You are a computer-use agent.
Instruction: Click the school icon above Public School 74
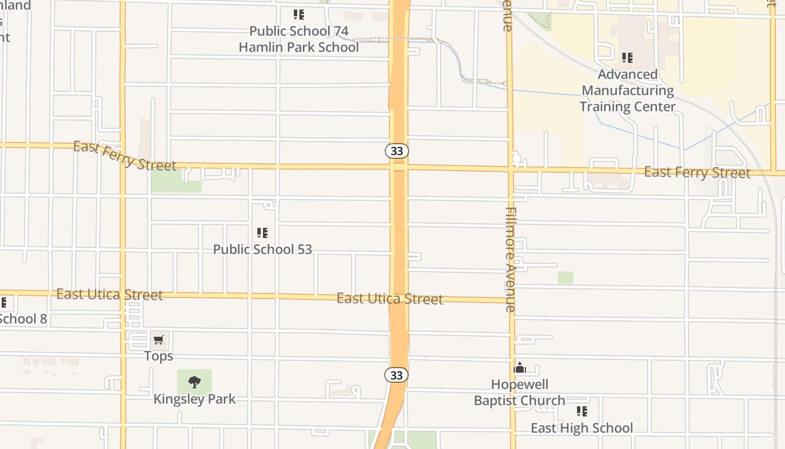[299, 14]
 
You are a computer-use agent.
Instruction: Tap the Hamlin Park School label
[299, 47]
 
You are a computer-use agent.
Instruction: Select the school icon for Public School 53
[262, 232]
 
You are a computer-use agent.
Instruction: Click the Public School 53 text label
[262, 249]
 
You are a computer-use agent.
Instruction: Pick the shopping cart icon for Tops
[159, 340]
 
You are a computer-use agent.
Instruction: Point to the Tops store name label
[159, 356]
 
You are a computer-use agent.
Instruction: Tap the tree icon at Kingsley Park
[195, 382]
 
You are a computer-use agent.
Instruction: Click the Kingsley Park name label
[195, 399]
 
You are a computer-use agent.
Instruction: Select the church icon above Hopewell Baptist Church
[520, 368]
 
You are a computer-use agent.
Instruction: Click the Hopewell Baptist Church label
[520, 392]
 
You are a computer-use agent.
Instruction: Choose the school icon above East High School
[582, 411]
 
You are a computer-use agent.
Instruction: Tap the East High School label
[582, 428]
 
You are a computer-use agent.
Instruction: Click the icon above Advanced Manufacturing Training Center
[627, 57]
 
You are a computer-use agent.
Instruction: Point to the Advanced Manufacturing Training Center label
[627, 90]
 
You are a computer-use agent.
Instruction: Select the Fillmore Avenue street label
[510, 259]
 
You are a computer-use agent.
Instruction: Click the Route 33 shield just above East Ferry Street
[397, 151]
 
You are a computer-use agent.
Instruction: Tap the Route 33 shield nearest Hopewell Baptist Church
[396, 375]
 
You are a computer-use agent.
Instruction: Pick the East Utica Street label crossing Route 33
[390, 299]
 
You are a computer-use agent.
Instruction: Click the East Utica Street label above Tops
[110, 295]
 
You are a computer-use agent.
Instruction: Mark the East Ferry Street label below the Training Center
[697, 172]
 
